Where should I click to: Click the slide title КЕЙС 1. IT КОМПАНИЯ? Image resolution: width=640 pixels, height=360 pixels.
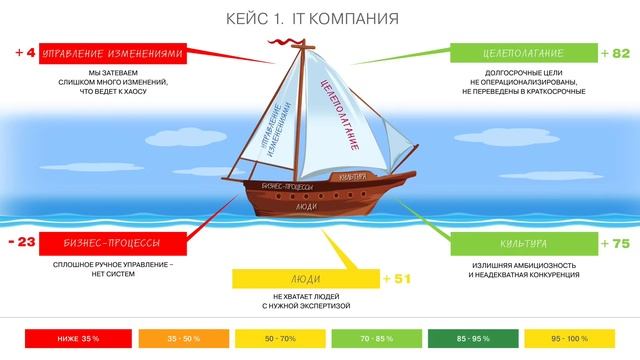click(320, 19)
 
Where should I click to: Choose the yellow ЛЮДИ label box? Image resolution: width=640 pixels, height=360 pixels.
click(305, 278)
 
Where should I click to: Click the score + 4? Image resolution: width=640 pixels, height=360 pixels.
click(25, 52)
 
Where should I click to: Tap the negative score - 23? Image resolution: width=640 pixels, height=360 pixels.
click(21, 242)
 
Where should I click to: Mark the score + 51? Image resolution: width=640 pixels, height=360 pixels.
click(397, 278)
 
